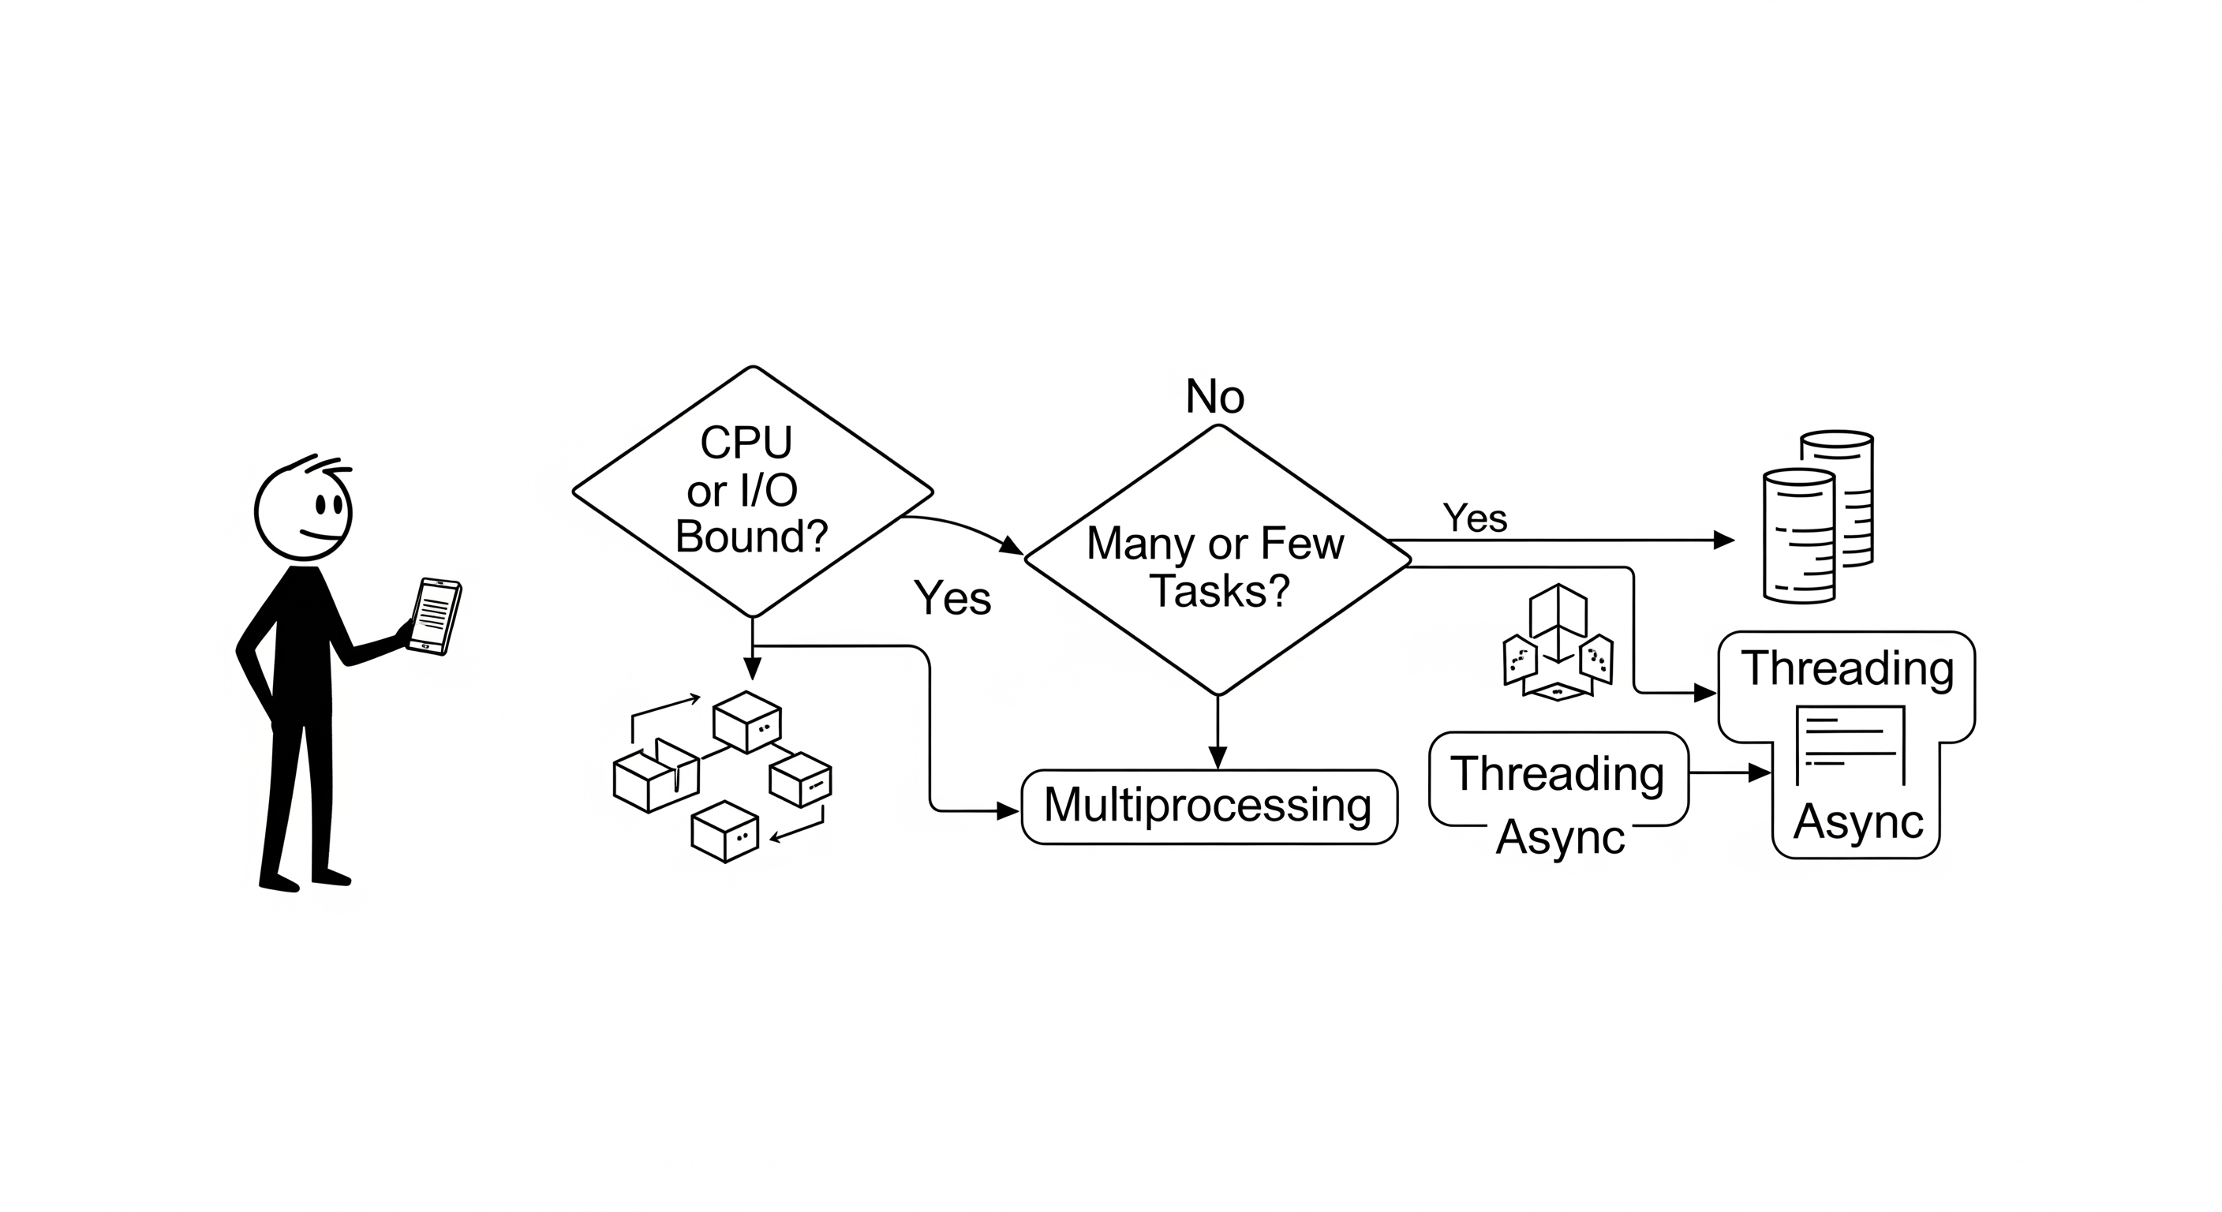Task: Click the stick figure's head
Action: coord(303,512)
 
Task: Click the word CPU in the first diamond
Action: coord(746,443)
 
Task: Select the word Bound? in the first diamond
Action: coord(751,537)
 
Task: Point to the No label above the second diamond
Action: coord(1214,398)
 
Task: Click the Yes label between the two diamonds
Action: coord(952,598)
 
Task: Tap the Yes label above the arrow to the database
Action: coord(1475,518)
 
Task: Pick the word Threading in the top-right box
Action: coord(1846,669)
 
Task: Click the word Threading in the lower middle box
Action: coord(1557,774)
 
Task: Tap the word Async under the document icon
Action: coord(1858,821)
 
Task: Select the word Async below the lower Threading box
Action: coord(1559,836)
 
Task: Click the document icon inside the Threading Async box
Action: coord(1850,741)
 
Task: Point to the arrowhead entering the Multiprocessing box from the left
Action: coord(1008,811)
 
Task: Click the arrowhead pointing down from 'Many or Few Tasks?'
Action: coord(1217,757)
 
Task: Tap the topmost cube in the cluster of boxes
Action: coord(747,721)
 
